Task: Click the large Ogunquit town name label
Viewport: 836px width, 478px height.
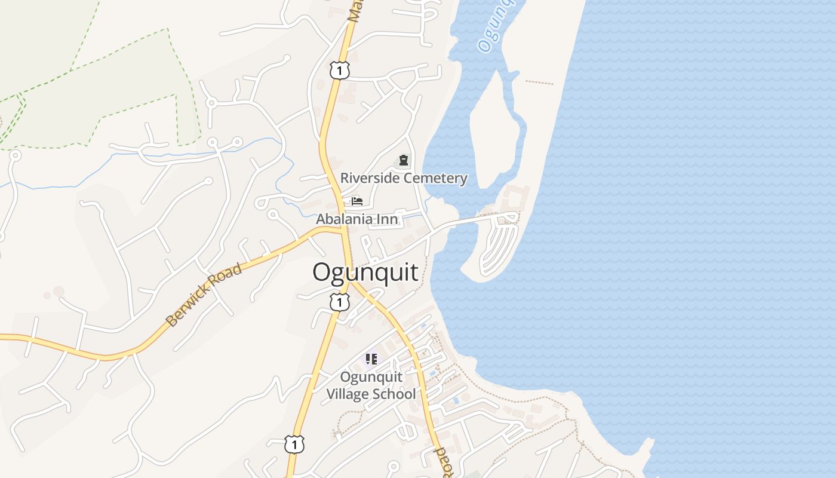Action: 365,272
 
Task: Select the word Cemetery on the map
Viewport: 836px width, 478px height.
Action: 435,178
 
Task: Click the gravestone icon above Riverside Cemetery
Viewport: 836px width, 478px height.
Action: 404,160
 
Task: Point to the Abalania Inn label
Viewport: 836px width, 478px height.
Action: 356,219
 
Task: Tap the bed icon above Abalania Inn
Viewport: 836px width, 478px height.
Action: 357,201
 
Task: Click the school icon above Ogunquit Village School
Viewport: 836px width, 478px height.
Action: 371,359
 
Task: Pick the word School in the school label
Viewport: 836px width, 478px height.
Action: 394,394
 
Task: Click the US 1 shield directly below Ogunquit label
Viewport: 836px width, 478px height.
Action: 339,302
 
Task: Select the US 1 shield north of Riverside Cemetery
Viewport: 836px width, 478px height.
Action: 339,71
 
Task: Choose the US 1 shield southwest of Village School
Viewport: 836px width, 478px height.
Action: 294,444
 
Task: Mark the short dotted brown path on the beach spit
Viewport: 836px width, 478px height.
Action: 539,82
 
